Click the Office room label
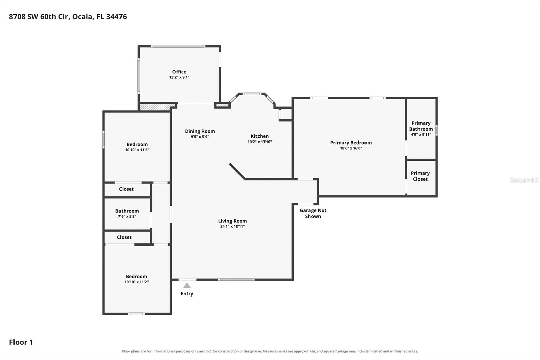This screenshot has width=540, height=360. (x=179, y=72)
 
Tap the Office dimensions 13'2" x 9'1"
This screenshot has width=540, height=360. (x=179, y=77)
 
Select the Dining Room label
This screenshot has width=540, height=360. (x=200, y=131)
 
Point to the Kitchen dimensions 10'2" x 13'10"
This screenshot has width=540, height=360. (x=260, y=142)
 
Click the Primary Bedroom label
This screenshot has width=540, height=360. (x=351, y=143)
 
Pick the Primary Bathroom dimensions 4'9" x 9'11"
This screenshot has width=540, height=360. (x=421, y=135)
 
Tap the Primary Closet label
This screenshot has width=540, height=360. (x=420, y=176)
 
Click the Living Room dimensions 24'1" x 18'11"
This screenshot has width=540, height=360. (x=233, y=226)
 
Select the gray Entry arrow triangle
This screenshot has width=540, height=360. (x=187, y=285)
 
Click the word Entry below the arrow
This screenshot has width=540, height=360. (x=187, y=294)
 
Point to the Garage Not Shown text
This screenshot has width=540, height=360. (x=313, y=213)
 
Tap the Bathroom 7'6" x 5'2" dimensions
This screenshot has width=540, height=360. (x=127, y=217)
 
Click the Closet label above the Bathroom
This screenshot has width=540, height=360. (x=126, y=189)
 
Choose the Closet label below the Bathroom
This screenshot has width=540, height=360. (x=124, y=237)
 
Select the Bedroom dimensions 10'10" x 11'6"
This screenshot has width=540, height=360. (x=137, y=150)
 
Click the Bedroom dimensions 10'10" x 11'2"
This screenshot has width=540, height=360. (x=136, y=282)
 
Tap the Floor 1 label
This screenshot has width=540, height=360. (x=21, y=342)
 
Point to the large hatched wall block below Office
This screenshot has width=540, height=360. (x=157, y=107)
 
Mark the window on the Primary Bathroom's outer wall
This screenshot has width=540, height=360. (x=436, y=130)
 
